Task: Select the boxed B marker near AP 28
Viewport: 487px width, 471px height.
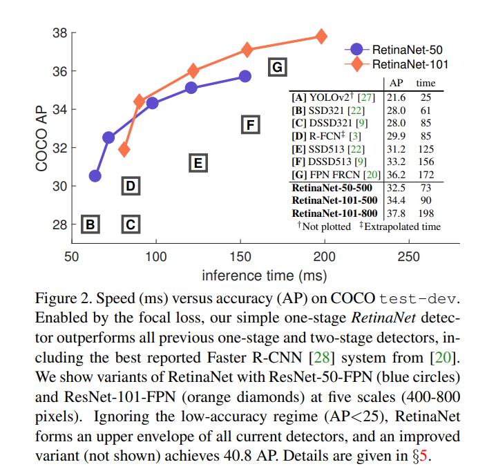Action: pos(90,224)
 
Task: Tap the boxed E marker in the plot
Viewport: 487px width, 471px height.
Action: pos(198,163)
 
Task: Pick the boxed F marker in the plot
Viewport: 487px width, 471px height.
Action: pos(251,124)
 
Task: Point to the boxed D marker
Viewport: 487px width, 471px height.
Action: pos(131,185)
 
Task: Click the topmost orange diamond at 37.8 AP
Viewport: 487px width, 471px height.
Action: pos(321,36)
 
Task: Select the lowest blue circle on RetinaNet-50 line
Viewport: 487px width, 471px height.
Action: pos(95,175)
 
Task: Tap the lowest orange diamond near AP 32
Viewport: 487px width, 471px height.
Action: pos(124,149)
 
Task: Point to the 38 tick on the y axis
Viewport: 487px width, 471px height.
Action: pos(58,32)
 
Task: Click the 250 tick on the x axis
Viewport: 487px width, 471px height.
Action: pos(409,257)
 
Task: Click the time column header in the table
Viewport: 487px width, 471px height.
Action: pos(425,84)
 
